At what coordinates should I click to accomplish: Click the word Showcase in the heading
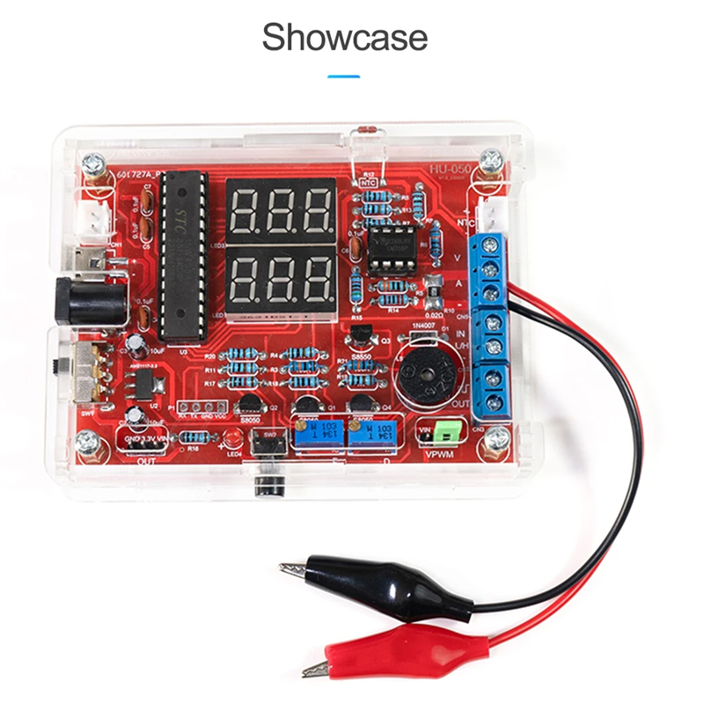pos(345,38)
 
